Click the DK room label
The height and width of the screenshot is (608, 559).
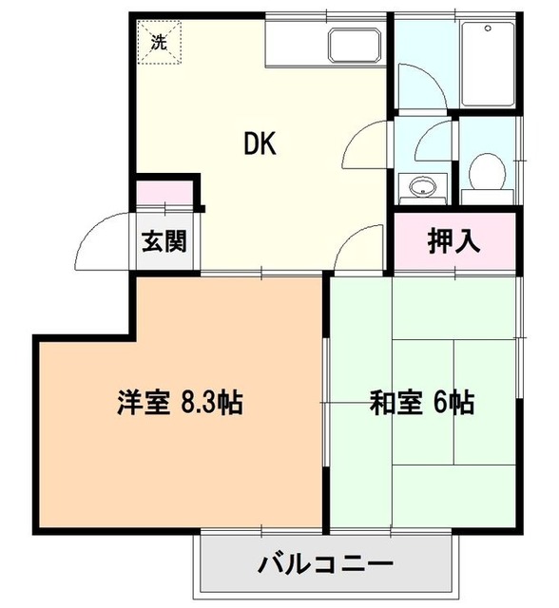260,144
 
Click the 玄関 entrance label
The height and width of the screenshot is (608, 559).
164,241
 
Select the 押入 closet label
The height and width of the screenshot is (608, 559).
453,240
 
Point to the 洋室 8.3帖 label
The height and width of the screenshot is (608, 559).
180,403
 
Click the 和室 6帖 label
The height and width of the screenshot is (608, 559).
421,403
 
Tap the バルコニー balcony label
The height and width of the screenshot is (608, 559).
324,565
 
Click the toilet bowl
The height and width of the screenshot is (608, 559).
487,170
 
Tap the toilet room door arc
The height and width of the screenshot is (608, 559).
439,140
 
